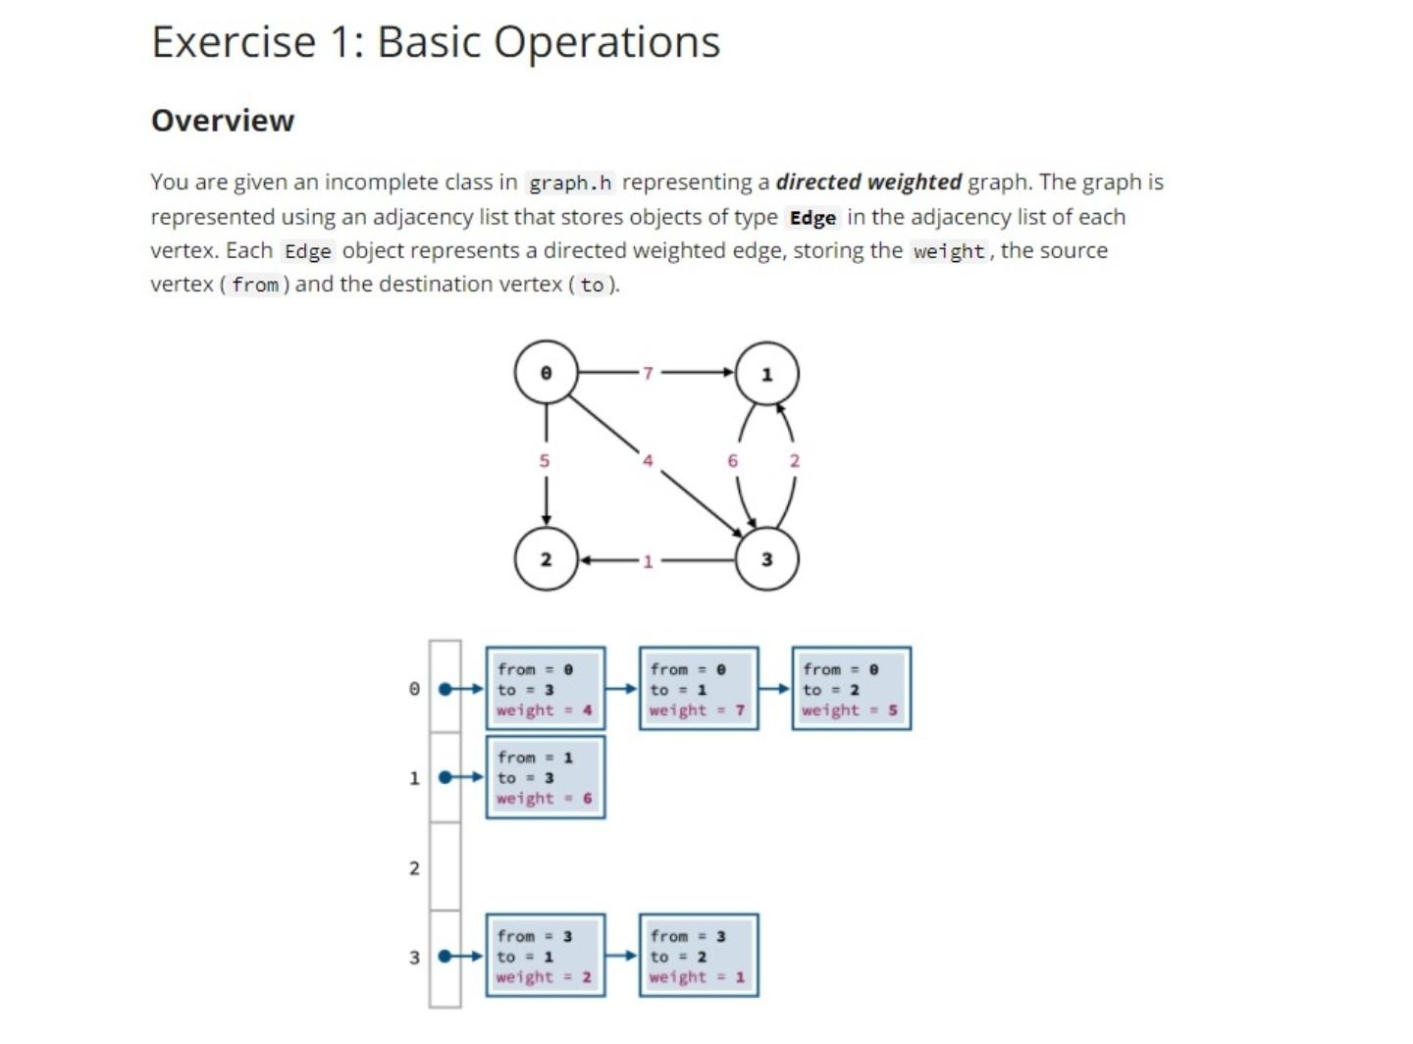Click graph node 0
click(546, 373)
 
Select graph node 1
click(766, 374)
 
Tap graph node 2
click(546, 559)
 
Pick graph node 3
click(766, 559)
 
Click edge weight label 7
click(648, 373)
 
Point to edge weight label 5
click(545, 460)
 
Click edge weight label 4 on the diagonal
click(648, 460)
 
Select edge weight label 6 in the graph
click(732, 460)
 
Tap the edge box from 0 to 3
click(546, 689)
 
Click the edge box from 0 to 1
click(699, 689)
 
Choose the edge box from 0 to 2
click(852, 689)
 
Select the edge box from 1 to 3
click(546, 777)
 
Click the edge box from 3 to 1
click(546, 956)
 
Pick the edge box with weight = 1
click(699, 956)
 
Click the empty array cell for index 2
click(445, 866)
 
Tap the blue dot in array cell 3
click(445, 956)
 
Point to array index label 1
click(414, 778)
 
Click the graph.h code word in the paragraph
click(570, 183)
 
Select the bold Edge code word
click(812, 218)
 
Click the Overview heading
click(223, 121)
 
